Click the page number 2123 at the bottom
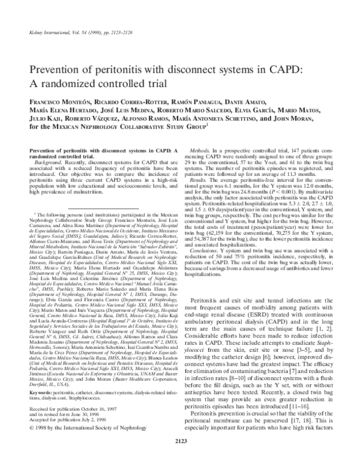pyautogui.click(x=180, y=441)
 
